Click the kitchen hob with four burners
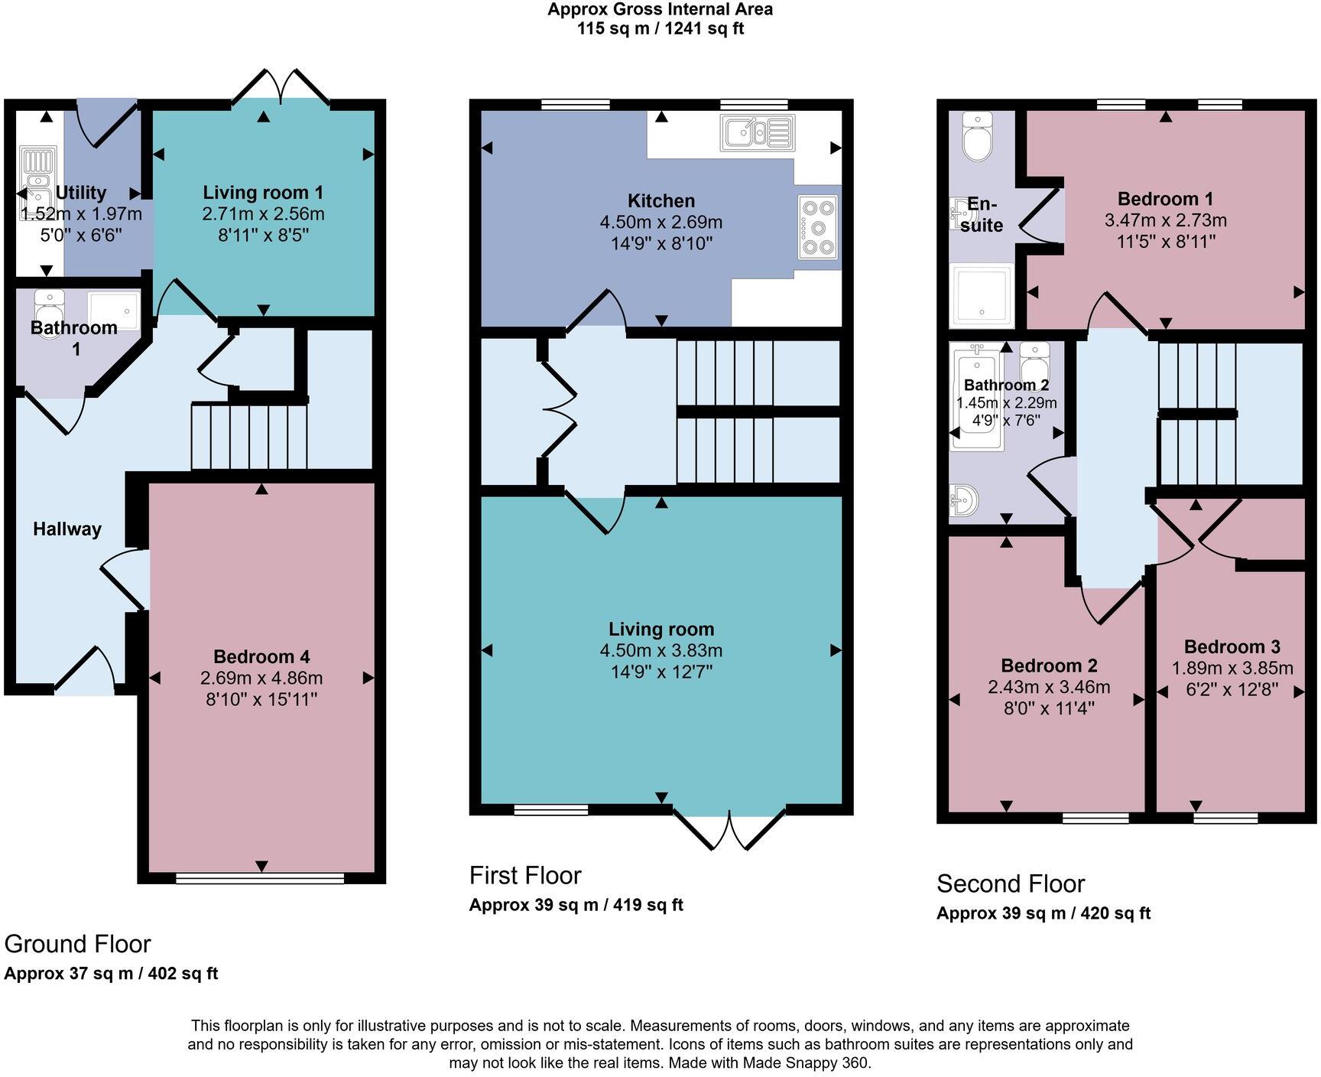pos(819,227)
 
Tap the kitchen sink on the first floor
pos(757,132)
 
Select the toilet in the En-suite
pos(976,138)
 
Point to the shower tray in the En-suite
pos(982,295)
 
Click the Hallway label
pos(67,529)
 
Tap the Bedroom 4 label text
pos(261,656)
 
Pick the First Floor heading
pos(525,875)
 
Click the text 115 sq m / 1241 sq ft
pos(660,29)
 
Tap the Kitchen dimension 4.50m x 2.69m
pos(660,223)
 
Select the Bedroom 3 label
pos(1232,646)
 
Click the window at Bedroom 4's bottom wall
pos(260,879)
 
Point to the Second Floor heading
pos(1010,883)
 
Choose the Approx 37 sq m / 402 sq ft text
pos(111,974)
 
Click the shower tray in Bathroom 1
pos(114,310)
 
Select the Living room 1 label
pos(263,193)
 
